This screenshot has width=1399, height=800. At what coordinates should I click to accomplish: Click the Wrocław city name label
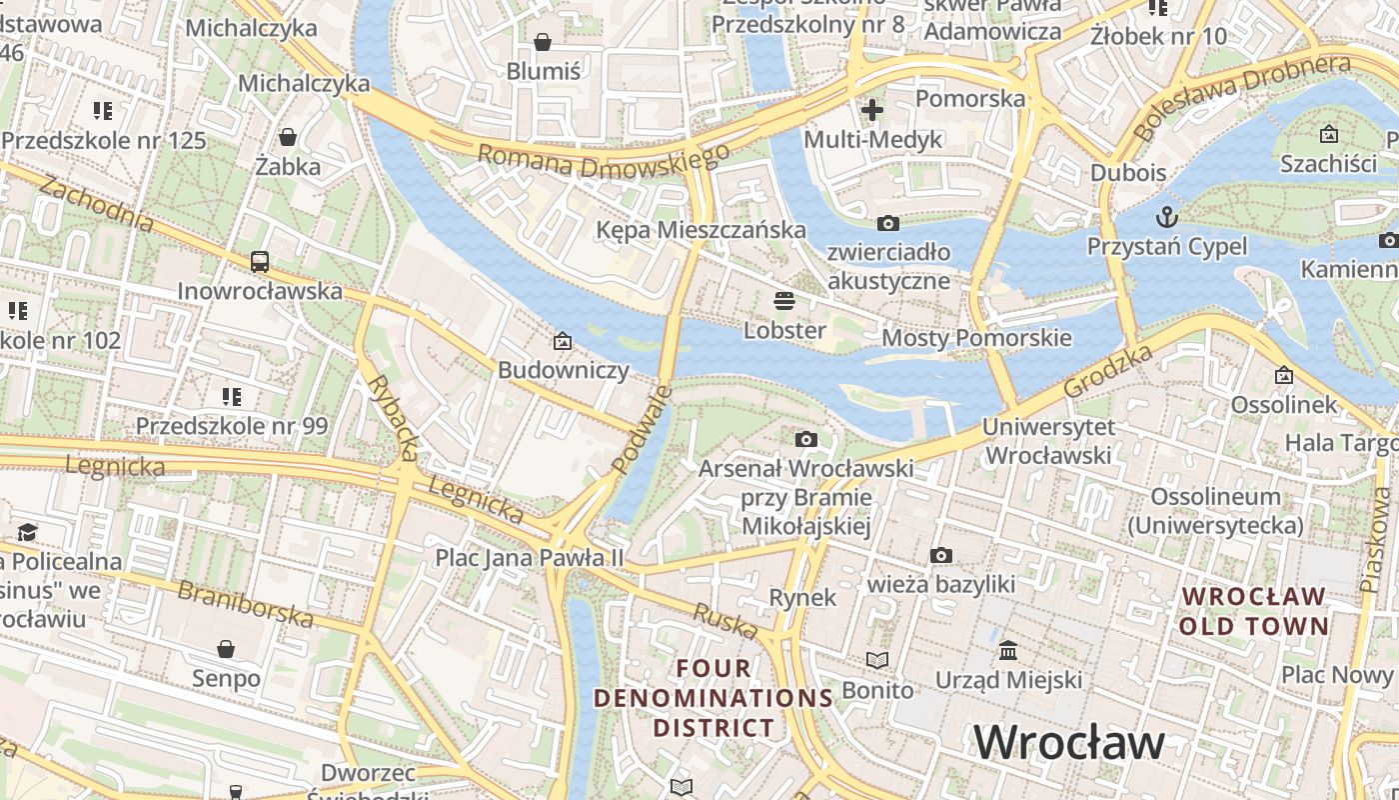click(x=1069, y=742)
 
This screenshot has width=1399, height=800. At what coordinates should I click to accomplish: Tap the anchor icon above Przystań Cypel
click(x=1166, y=217)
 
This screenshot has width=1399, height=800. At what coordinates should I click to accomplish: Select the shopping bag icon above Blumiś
click(x=543, y=42)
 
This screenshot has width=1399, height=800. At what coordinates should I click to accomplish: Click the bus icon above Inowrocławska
click(x=260, y=262)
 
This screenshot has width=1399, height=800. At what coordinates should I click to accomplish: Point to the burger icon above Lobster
click(x=784, y=300)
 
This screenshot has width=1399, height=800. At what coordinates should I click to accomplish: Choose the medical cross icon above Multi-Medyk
click(x=872, y=109)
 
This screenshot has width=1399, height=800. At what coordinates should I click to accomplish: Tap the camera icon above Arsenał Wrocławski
click(x=805, y=439)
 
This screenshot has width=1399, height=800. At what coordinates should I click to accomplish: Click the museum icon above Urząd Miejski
click(x=1008, y=651)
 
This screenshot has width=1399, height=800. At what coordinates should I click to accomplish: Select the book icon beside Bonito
click(x=876, y=661)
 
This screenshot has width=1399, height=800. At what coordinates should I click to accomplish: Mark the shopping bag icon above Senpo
click(x=226, y=649)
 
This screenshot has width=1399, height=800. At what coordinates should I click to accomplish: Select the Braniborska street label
click(x=245, y=603)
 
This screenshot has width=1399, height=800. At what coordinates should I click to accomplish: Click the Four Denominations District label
click(x=713, y=697)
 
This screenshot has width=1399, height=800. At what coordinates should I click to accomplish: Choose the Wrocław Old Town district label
click(x=1255, y=611)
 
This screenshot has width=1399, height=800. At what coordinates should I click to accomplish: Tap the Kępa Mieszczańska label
click(x=700, y=230)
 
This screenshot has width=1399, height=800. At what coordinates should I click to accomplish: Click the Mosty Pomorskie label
click(x=976, y=338)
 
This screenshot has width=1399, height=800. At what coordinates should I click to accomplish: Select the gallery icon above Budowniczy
click(x=563, y=341)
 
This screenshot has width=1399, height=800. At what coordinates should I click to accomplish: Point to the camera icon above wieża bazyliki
click(x=940, y=555)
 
